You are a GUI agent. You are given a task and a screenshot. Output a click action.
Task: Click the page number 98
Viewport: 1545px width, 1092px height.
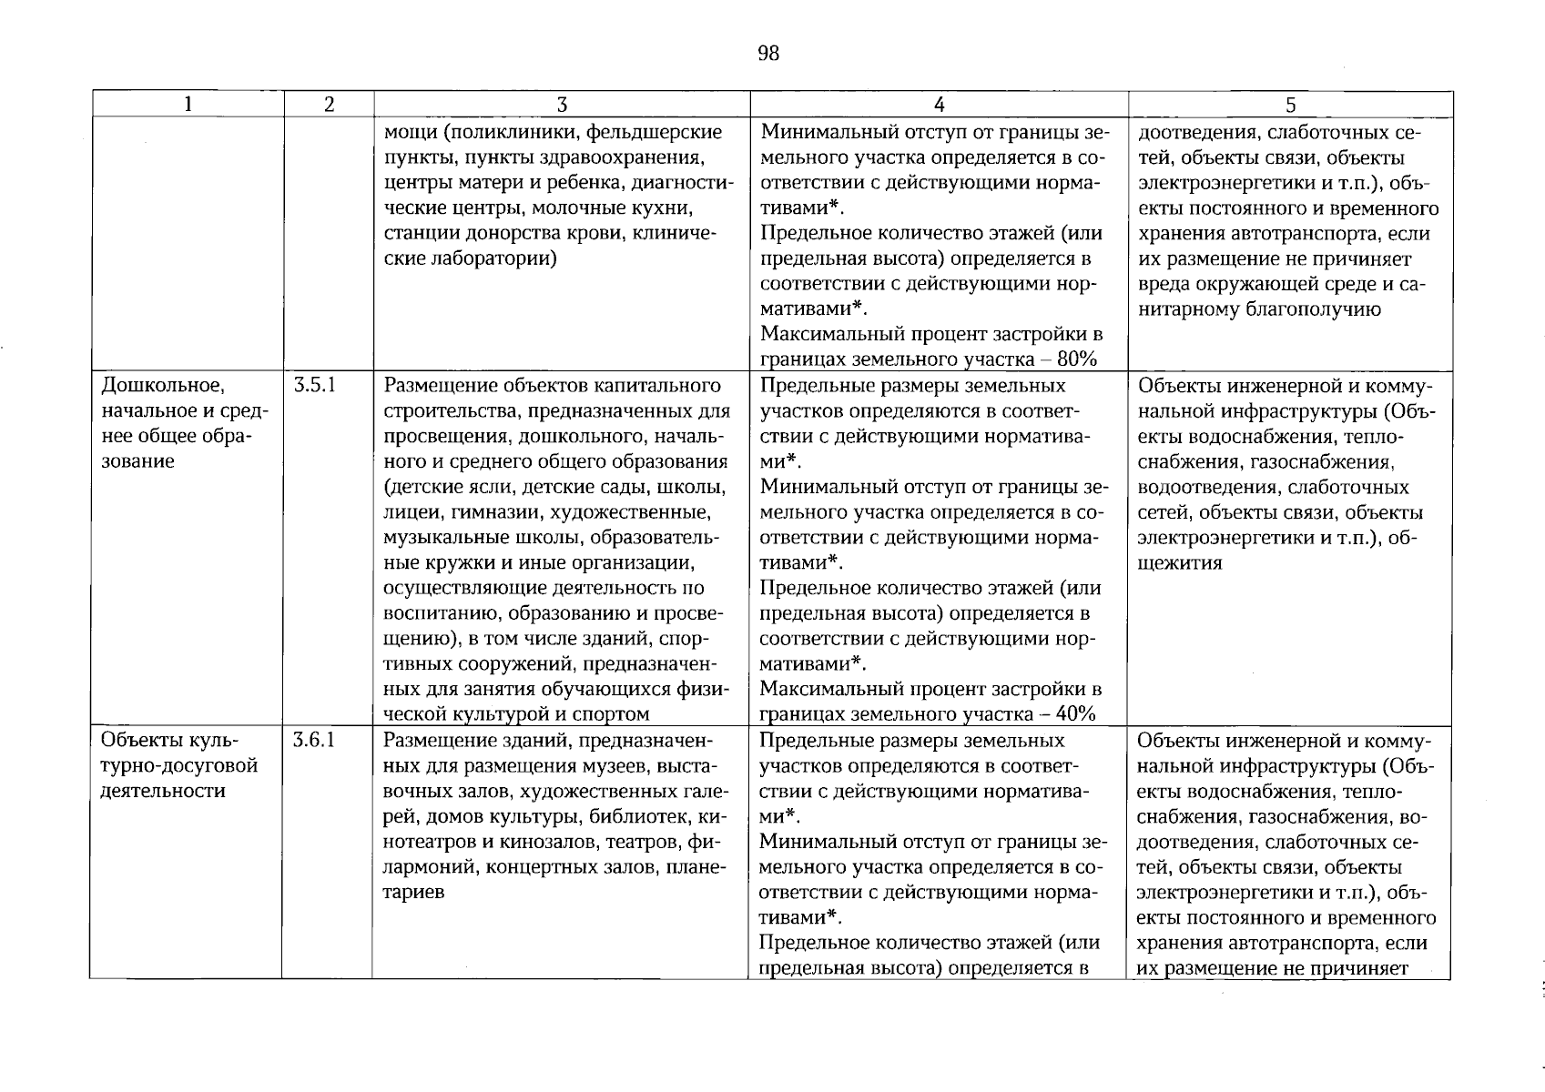(768, 54)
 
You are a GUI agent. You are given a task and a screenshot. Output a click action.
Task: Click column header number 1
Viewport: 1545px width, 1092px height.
(188, 105)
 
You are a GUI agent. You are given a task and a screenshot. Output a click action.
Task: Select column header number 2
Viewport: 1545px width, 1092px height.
(328, 105)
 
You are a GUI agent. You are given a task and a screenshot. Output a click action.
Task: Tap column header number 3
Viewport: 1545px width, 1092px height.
(562, 105)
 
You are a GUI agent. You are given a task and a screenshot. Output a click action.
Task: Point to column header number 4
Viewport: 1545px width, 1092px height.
(939, 105)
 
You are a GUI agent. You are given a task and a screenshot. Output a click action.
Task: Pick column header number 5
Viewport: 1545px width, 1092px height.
(1290, 105)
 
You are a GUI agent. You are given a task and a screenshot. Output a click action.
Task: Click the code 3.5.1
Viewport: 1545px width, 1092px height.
(316, 385)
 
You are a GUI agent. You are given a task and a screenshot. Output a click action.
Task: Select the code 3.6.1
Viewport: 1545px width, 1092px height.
(316, 741)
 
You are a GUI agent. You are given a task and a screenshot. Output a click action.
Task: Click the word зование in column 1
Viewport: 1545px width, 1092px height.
(137, 461)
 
